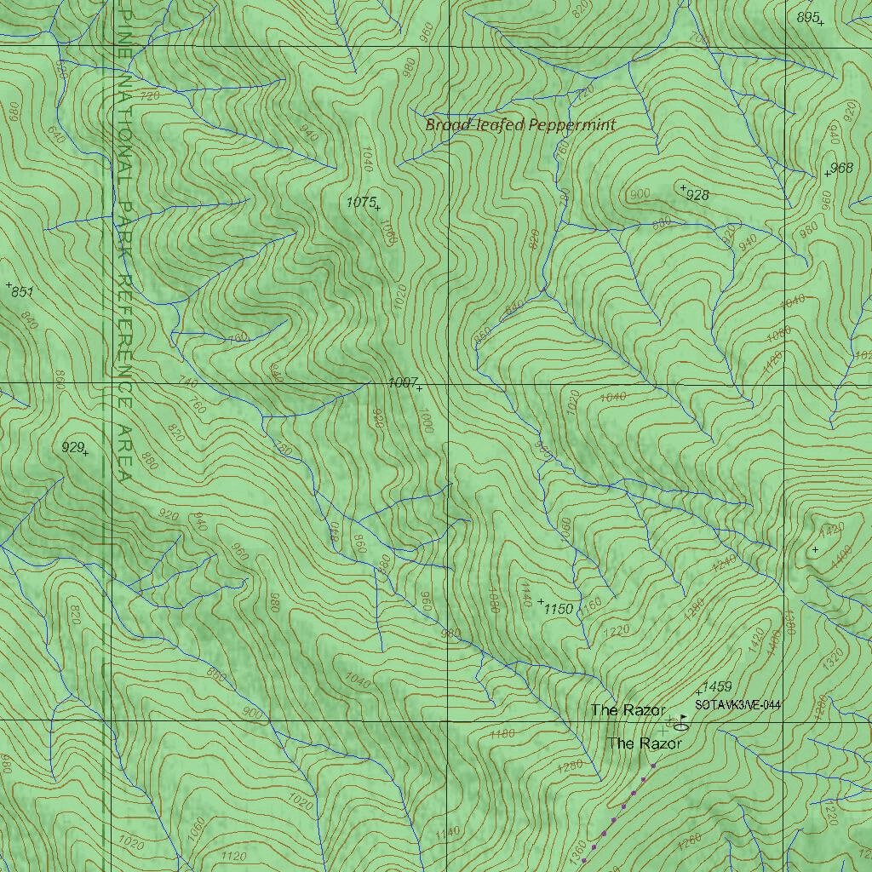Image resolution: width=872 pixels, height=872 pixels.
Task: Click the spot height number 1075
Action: point(361,202)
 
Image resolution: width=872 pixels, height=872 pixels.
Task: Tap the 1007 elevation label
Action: point(401,383)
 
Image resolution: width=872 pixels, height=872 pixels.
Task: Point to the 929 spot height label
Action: point(72,447)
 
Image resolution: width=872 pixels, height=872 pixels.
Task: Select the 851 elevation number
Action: point(23,292)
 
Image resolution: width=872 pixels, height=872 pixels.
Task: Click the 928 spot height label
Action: point(697,195)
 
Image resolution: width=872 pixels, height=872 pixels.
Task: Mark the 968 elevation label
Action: point(841,168)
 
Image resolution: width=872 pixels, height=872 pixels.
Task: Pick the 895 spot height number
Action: point(807,17)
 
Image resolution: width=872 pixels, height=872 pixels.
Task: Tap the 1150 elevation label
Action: point(559,609)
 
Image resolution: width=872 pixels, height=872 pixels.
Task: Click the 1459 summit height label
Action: point(718,686)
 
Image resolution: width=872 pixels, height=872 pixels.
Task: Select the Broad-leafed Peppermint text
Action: point(520,125)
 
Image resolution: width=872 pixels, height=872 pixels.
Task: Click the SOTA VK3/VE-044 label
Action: point(737,705)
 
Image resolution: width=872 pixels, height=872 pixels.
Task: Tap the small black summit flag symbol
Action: point(685,718)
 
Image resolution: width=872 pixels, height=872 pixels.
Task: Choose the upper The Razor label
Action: point(628,710)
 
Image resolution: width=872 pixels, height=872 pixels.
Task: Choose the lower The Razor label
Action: point(645,743)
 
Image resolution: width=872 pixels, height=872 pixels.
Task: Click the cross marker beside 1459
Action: point(699,691)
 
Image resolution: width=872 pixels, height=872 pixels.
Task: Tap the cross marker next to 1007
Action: point(419,388)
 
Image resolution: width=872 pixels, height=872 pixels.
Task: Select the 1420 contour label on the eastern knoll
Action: point(830,529)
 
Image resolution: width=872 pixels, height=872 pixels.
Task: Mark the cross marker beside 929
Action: point(85,453)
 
